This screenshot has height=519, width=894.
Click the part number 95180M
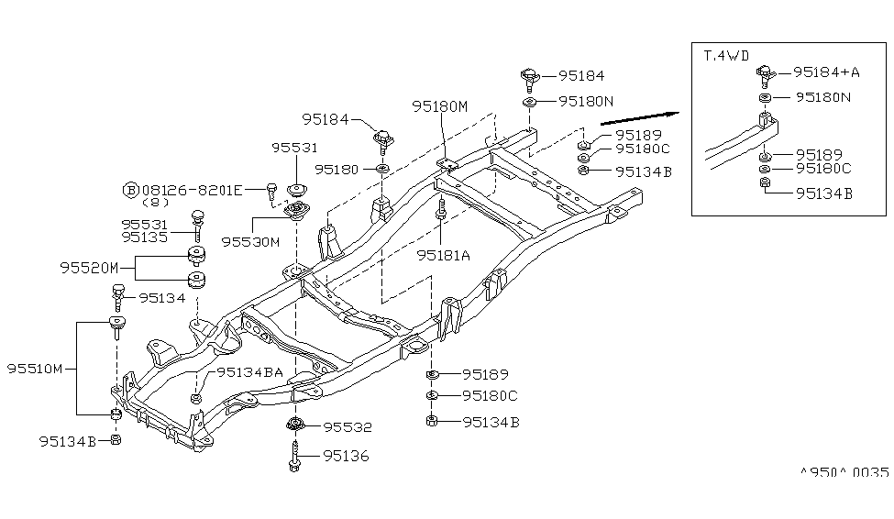pos(439,106)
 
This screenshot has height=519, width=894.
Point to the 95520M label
pos(90,268)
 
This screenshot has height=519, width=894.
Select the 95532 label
pos(344,427)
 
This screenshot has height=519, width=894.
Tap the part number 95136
pos(344,456)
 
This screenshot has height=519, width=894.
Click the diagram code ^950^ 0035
pos(844,472)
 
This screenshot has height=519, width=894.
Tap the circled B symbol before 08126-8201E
pos(130,190)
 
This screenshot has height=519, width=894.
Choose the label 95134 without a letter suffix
pos(161,297)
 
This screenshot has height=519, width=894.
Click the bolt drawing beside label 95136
pos(295,455)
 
